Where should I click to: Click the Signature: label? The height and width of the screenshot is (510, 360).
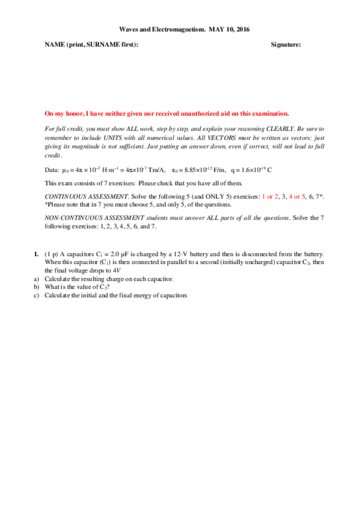[286, 45]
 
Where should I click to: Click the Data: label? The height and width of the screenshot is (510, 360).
[52, 170]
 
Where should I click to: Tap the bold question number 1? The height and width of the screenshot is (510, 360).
[37, 254]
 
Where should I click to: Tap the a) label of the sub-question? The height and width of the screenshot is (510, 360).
[37, 279]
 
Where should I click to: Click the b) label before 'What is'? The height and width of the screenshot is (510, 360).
[37, 287]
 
